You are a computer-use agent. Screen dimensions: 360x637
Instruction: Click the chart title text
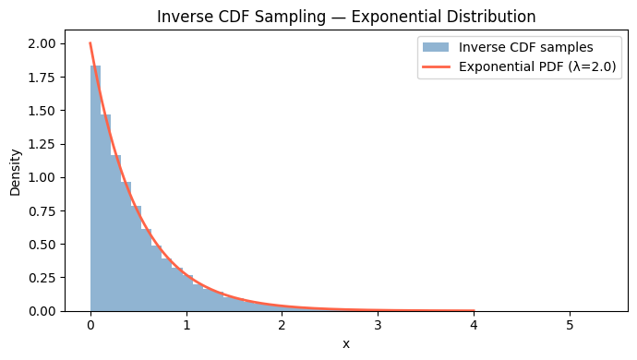(346, 17)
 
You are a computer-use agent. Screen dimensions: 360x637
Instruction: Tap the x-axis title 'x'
(346, 343)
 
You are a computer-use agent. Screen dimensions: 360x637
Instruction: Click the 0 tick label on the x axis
(90, 325)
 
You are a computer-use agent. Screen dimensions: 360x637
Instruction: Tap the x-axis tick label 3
(379, 325)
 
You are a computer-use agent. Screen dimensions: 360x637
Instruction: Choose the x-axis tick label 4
(475, 325)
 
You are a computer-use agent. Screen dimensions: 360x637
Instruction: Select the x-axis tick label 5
(570, 325)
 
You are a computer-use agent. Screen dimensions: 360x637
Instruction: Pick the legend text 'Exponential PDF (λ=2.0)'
(537, 66)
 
